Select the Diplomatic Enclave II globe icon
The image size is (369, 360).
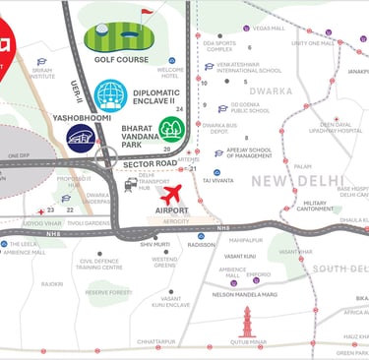tap(110, 95)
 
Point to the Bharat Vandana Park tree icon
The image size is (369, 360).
tap(171, 129)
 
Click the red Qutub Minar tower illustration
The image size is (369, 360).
tap(247, 321)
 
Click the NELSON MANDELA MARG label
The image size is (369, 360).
tap(244, 294)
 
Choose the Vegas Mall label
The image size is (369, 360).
tap(268, 29)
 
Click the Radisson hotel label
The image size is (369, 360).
tap(202, 245)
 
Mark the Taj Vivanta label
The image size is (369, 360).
tap(217, 181)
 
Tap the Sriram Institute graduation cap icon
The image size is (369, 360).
tap(39, 59)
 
